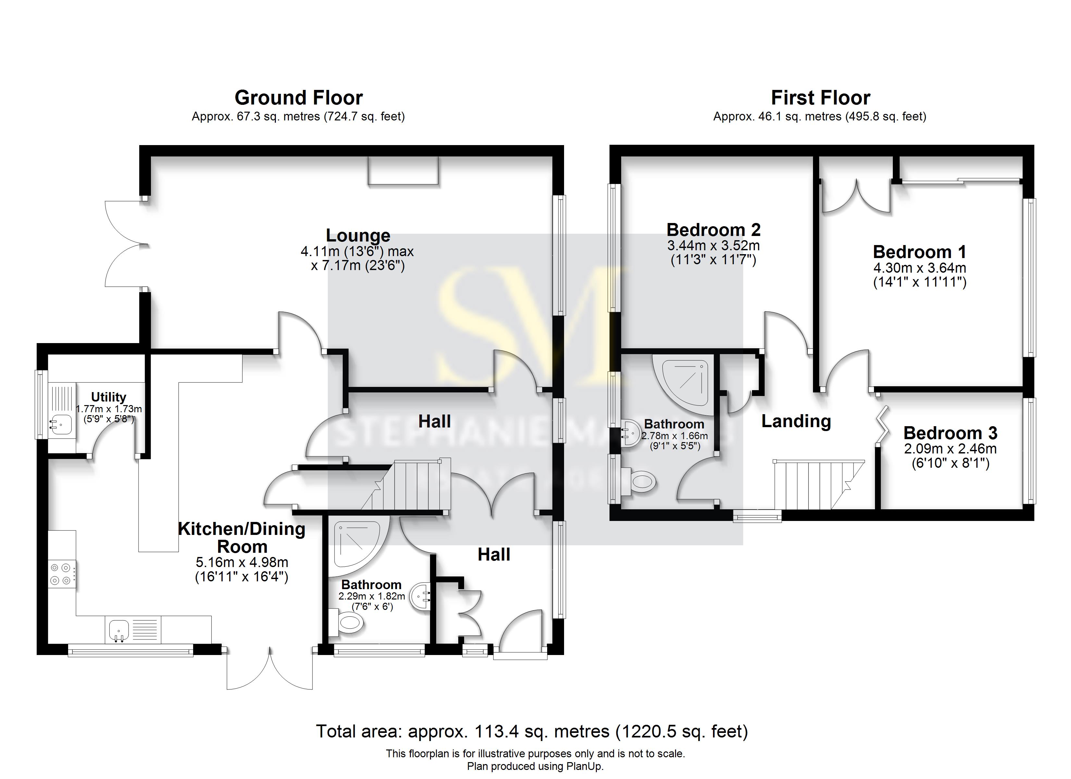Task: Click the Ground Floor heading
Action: tap(299, 98)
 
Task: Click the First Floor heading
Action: tap(820, 98)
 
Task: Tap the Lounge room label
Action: tap(358, 235)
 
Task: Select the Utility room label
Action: tap(109, 397)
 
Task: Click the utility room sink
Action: tap(61, 424)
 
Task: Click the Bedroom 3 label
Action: tap(950, 433)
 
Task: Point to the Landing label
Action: tap(796, 421)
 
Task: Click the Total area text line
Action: tap(532, 731)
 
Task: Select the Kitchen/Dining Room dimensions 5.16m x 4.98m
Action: tap(242, 562)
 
